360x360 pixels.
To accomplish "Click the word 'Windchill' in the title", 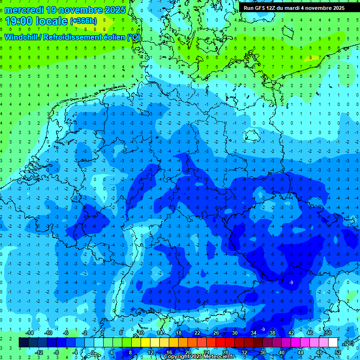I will (x=22, y=37).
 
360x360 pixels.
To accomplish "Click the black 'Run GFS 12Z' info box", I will (x=294, y=8).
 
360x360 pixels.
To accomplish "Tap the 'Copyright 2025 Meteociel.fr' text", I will (x=199, y=357).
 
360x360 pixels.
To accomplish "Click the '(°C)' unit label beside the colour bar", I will (x=348, y=343).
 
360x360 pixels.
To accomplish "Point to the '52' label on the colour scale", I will (x=338, y=352).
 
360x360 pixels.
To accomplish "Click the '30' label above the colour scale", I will (x=234, y=333).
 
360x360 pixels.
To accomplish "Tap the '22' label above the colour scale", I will (x=197, y=333).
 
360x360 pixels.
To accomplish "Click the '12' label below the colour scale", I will (x=150, y=352).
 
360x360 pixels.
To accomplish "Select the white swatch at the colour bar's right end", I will (x=333, y=343).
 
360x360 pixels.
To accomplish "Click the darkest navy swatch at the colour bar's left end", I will (x=23, y=343).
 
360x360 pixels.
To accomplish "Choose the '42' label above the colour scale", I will (x=291, y=333).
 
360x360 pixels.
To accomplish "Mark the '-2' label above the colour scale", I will (x=84, y=333).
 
